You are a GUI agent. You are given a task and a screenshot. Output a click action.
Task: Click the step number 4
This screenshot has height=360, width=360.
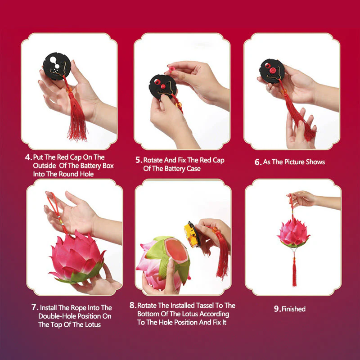(28, 157)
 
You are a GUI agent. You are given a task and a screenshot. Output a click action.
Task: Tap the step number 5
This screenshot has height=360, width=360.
(139, 160)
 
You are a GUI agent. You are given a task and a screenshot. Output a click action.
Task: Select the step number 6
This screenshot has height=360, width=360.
(258, 162)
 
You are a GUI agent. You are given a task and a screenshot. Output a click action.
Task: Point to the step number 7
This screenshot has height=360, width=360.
(35, 307)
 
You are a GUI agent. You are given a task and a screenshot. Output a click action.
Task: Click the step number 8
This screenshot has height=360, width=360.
(133, 305)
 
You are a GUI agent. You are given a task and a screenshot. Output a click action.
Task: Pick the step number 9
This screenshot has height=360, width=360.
(277, 309)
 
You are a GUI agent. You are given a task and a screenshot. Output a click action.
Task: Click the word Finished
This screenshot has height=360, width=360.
(294, 309)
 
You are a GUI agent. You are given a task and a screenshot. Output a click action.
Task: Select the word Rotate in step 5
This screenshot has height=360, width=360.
(153, 160)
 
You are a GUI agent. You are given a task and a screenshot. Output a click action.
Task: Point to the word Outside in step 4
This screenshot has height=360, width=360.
(45, 166)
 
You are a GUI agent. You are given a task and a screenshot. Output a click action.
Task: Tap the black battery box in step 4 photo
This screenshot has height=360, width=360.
(57, 66)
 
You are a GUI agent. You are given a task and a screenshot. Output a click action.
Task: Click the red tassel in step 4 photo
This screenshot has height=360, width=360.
(77, 115)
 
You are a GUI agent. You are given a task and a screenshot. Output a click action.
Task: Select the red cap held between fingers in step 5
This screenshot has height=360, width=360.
(171, 69)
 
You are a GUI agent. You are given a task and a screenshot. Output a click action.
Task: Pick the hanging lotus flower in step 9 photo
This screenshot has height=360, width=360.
(293, 233)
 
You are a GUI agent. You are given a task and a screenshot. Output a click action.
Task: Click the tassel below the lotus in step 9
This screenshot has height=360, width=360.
(294, 272)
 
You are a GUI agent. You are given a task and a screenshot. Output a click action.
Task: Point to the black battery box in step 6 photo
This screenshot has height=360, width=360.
(272, 71)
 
